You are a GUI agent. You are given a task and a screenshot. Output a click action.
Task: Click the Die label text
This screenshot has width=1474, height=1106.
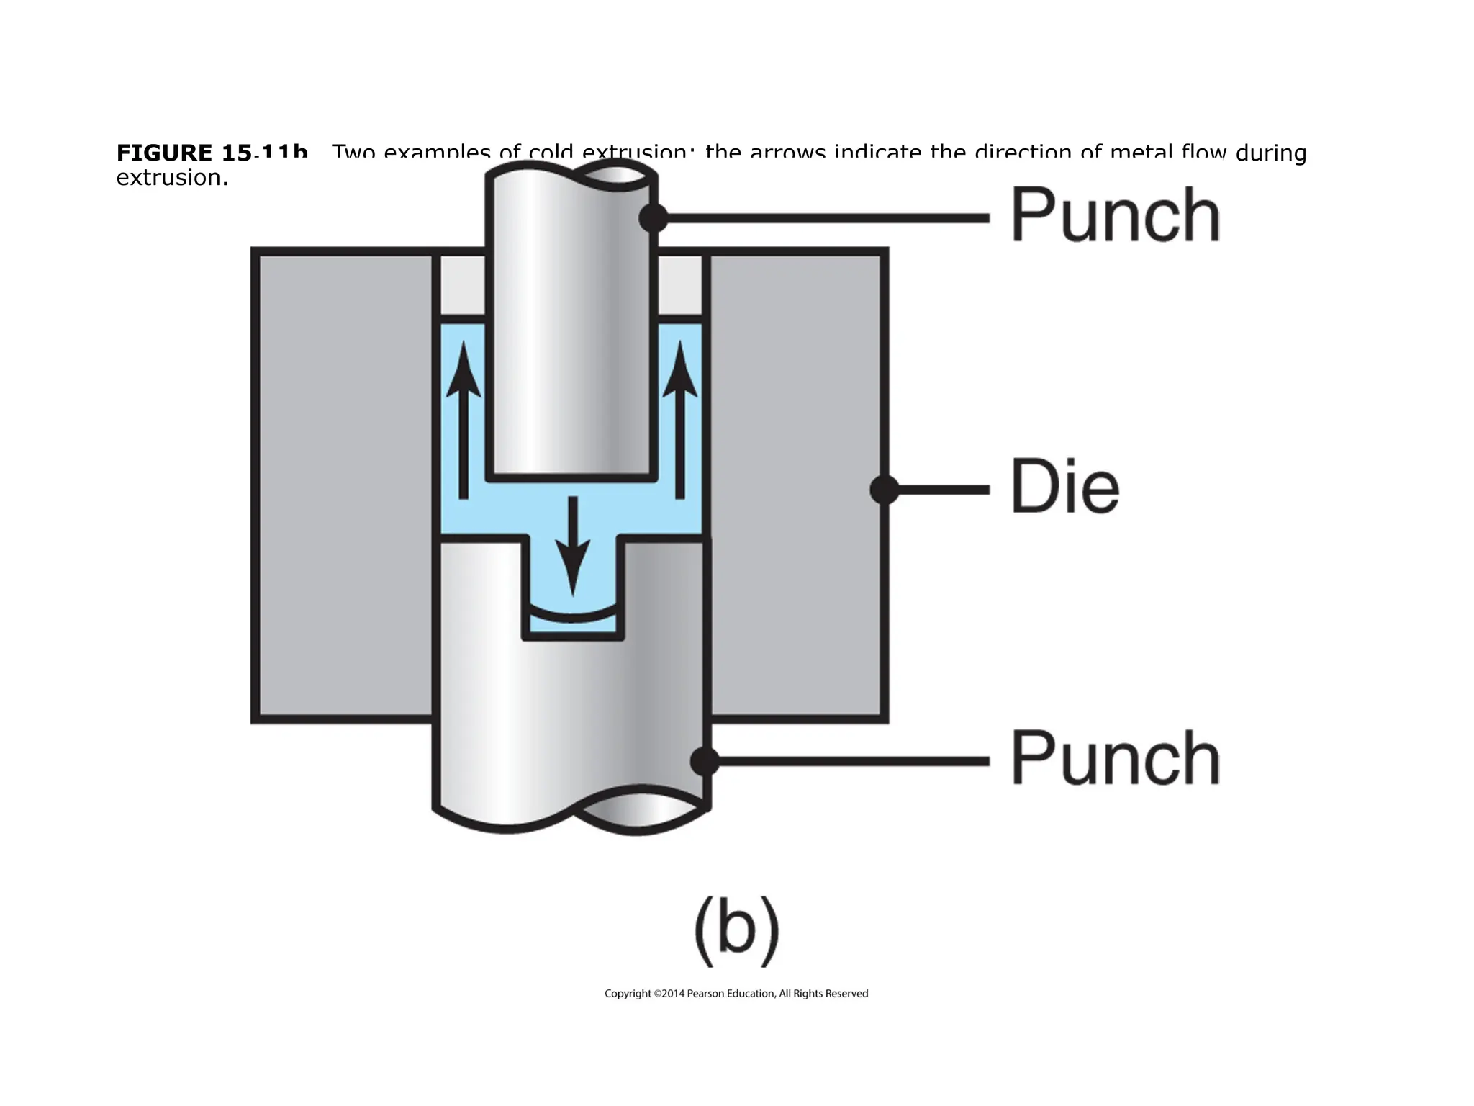(x=1064, y=487)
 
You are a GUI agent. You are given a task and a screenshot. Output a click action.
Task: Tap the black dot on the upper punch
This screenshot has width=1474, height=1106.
(x=653, y=217)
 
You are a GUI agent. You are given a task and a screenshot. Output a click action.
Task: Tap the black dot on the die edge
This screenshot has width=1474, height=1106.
(x=884, y=490)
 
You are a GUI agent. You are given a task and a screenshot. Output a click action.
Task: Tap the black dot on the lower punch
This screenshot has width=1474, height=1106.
(x=704, y=761)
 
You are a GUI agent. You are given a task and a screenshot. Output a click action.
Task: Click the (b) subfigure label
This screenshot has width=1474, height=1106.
(x=736, y=930)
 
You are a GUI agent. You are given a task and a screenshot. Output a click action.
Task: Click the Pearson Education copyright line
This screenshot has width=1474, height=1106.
(x=736, y=994)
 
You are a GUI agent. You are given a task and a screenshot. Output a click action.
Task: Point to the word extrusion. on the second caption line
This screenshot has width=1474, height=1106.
(x=172, y=178)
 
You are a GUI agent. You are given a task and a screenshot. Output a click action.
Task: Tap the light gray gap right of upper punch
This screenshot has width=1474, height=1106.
(x=679, y=285)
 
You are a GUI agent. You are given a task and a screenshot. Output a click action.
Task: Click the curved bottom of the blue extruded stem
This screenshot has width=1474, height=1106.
(x=573, y=617)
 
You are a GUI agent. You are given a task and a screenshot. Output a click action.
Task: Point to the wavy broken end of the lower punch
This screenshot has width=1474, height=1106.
(x=572, y=817)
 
